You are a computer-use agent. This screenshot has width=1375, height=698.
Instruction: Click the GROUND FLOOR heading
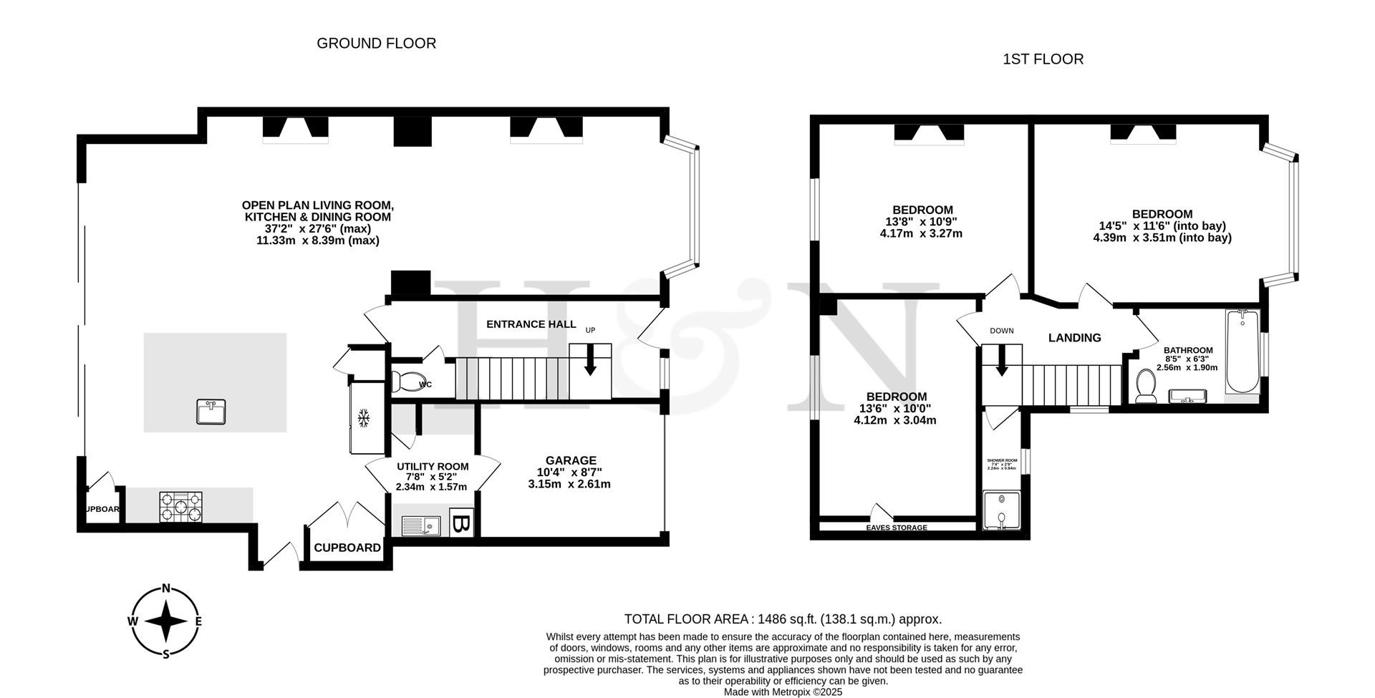click(376, 44)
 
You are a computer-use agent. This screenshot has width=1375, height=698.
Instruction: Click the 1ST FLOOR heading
click(1043, 59)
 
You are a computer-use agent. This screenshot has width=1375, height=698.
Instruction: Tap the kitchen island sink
click(211, 412)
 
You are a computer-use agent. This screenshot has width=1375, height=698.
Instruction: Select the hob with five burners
click(180, 507)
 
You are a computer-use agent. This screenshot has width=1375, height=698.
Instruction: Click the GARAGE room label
click(570, 460)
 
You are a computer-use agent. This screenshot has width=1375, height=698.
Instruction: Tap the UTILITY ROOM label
click(433, 467)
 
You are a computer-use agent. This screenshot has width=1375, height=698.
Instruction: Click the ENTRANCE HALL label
click(531, 324)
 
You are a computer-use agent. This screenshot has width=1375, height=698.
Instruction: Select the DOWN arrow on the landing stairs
click(1001, 360)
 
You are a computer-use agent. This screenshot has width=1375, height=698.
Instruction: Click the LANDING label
click(1074, 338)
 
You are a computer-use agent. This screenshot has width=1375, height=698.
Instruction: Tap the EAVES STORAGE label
click(897, 528)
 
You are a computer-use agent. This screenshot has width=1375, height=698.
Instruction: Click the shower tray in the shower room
click(1001, 510)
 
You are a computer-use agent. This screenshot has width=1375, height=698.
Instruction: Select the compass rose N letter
click(166, 589)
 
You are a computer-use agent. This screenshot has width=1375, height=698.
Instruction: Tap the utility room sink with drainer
click(420, 527)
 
